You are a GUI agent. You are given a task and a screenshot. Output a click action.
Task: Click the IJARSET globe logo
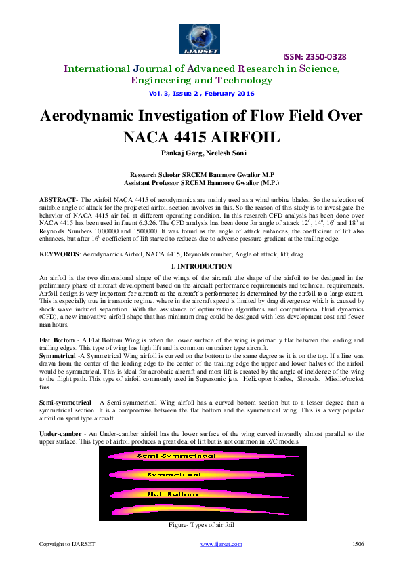tap(201, 38)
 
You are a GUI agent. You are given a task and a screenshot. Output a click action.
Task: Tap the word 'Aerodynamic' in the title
tap(115, 115)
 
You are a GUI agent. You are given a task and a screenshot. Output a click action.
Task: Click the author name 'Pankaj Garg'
tap(179, 153)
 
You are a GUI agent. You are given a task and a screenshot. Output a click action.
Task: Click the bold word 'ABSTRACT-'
tap(59, 199)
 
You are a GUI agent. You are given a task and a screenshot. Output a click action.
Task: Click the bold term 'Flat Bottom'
tap(56, 339)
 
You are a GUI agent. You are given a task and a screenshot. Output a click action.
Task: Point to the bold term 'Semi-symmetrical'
tap(66, 403)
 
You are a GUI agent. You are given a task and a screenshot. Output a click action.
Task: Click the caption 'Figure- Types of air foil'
tap(202, 525)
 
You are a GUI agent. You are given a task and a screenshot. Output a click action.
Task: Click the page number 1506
tap(358, 544)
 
